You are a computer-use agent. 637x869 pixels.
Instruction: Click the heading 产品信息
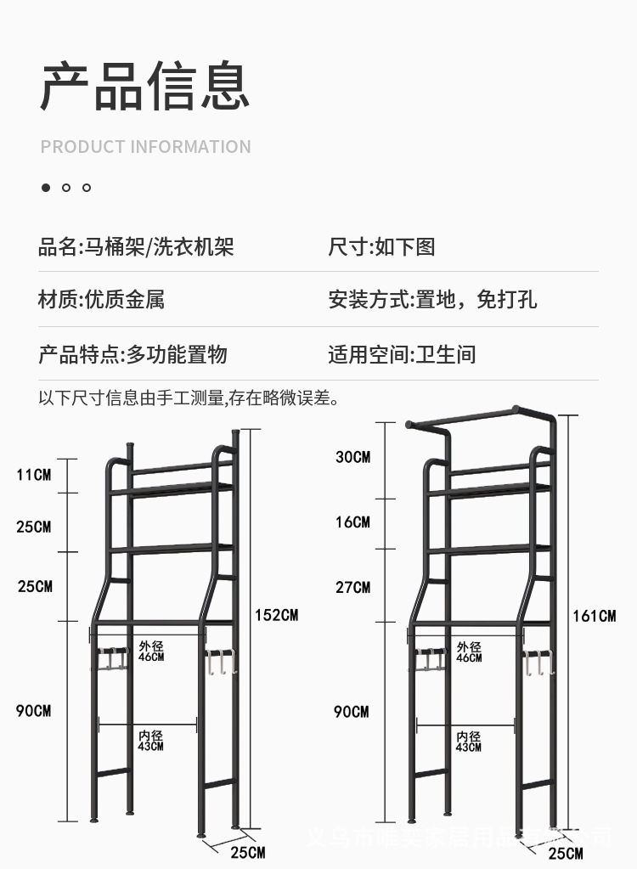tap(145, 86)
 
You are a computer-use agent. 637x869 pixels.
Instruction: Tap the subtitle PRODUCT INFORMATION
tap(145, 147)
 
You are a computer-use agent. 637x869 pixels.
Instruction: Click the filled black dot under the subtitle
tap(46, 188)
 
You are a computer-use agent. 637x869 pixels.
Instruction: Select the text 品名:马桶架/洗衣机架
tap(136, 247)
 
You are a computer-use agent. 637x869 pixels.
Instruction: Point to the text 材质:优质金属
tap(101, 299)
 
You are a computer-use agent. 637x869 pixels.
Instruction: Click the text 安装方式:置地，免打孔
tap(432, 299)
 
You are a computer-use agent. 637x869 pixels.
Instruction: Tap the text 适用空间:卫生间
tap(402, 354)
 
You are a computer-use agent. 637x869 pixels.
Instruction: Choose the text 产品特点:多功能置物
tap(132, 354)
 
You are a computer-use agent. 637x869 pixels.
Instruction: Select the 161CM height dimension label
tap(594, 615)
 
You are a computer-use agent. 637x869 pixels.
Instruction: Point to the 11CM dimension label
tap(34, 474)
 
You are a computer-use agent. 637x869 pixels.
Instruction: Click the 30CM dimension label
tap(352, 457)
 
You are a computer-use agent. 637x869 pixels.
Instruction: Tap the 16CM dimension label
tap(352, 522)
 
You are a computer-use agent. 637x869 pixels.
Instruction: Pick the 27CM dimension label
tap(352, 587)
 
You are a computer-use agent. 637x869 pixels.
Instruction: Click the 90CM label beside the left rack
tap(34, 710)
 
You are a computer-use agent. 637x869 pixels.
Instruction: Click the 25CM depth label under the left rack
tap(248, 852)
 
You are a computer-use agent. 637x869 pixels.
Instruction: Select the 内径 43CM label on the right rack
tap(469, 742)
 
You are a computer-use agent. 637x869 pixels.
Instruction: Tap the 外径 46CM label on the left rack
tap(151, 652)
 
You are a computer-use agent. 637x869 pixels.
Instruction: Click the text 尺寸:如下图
tap(381, 247)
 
